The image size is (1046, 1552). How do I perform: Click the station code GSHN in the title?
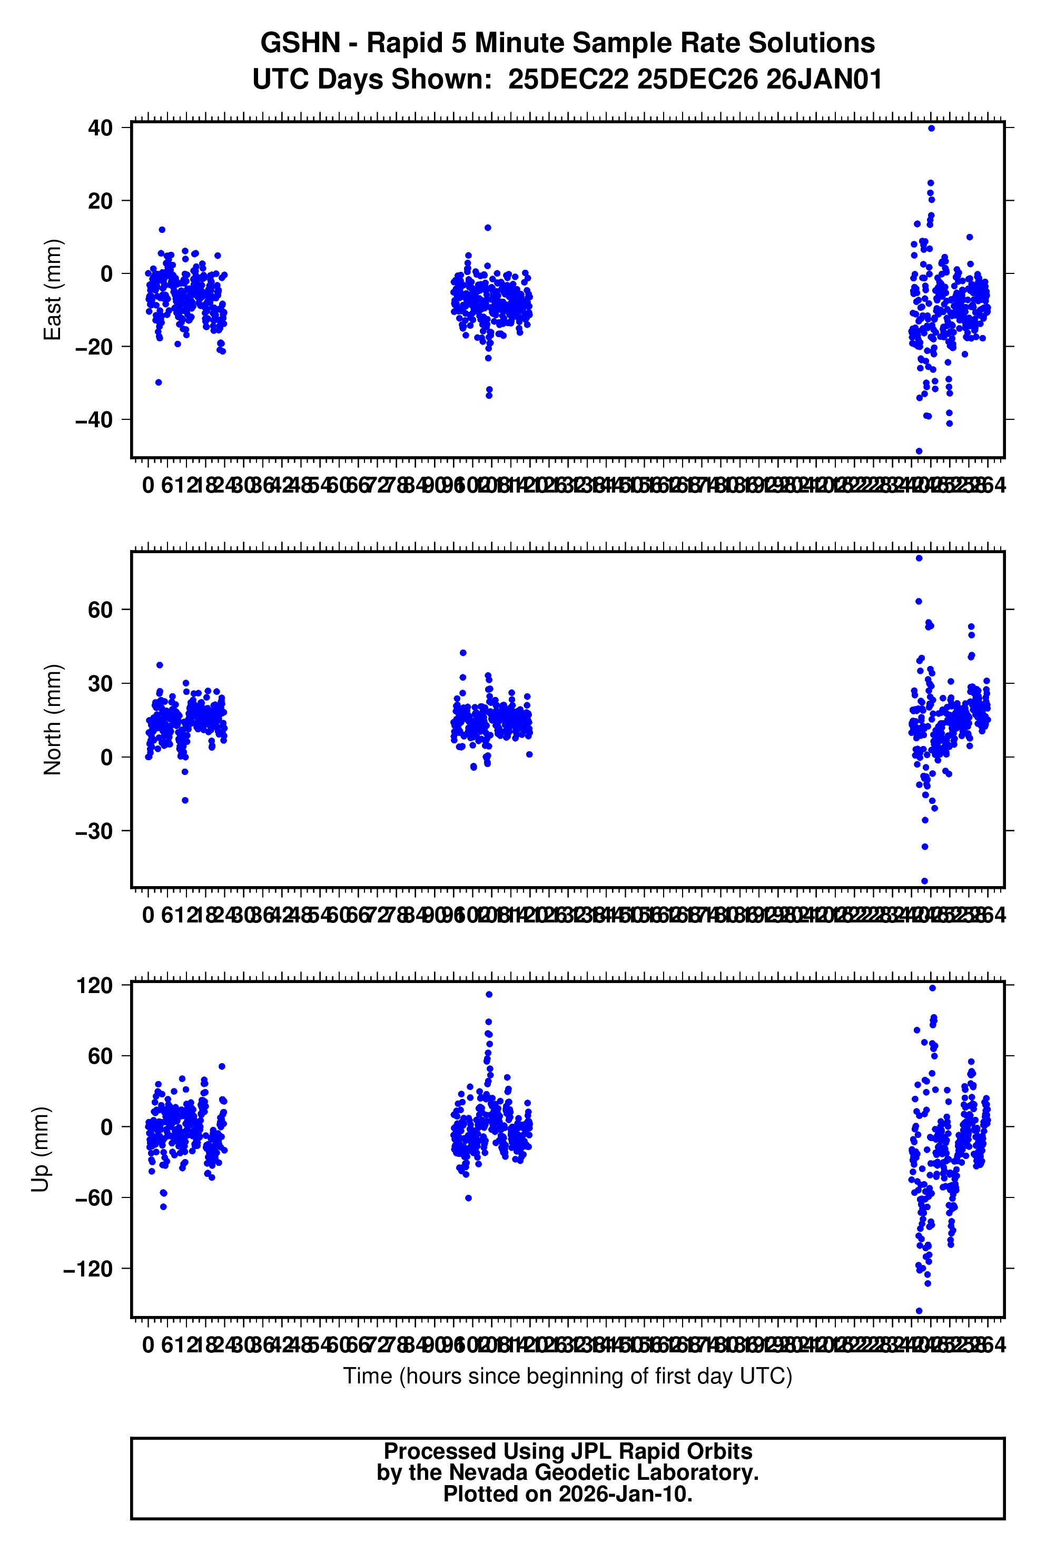coord(300,43)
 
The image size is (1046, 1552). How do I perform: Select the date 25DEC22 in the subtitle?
coord(568,80)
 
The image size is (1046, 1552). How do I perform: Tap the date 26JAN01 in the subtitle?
coord(824,80)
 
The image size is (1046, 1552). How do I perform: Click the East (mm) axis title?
coord(52,290)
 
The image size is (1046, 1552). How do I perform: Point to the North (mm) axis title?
coord(52,719)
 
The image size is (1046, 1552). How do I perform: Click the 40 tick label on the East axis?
coord(100,127)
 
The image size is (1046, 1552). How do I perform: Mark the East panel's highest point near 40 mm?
coord(931,128)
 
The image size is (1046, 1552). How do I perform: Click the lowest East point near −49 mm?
coord(919,451)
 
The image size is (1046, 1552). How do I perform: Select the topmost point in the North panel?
coord(919,558)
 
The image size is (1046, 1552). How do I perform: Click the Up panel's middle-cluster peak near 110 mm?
coord(489,995)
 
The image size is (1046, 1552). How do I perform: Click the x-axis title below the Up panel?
coord(567,1377)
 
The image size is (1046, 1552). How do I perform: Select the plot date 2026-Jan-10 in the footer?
coord(625,1494)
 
